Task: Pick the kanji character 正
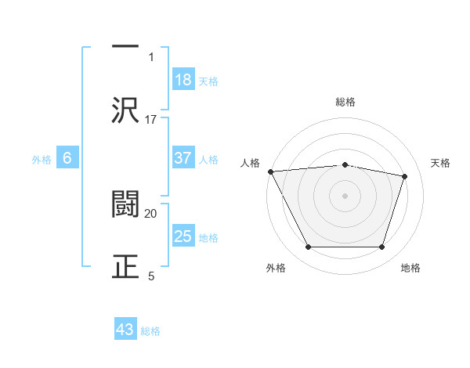(125, 265)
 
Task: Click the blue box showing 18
(183, 79)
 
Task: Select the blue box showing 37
(183, 158)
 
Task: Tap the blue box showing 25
(183, 236)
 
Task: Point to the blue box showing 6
(67, 158)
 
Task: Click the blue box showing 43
(125, 330)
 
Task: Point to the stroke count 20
(151, 213)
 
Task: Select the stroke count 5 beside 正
(151, 275)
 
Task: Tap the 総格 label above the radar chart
(345, 102)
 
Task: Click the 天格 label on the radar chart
(441, 163)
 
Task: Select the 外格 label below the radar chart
(276, 269)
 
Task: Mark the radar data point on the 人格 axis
(270, 171)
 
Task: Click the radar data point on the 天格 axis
(405, 176)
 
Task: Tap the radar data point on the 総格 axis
(345, 164)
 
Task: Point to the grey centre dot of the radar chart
(345, 196)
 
